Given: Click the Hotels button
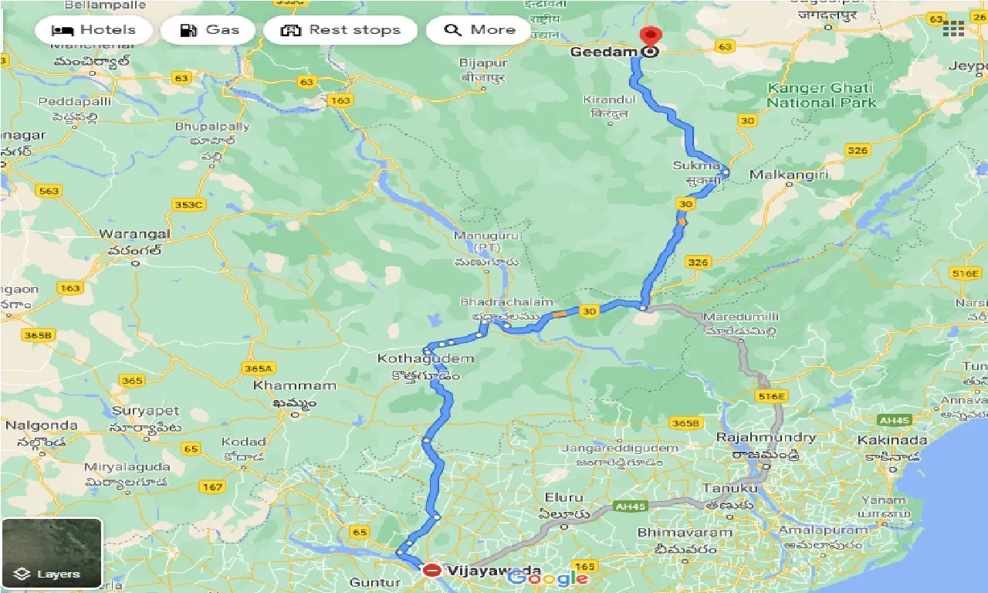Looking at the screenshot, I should pos(93,30).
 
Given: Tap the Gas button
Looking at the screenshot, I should pos(209,30).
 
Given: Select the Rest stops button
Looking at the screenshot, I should pos(340,30).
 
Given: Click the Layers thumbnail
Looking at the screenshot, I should pos(52,552).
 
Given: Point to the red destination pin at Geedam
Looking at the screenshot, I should pos(651,37).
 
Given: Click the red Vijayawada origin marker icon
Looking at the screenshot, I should pos(432,571).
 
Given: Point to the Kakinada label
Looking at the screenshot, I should pos(892,440).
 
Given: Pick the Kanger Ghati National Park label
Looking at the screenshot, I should pos(821,95).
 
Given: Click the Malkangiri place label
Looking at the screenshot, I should pos(788,175).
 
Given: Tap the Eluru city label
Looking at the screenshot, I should pos(563,497).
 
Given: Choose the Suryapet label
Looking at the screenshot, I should pos(145,411).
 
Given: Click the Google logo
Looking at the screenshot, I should pos(547,578).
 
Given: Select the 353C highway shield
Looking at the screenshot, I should pos(188,205).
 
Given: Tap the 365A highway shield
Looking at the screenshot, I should pos(258,368).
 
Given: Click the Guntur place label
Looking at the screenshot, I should pos(370,581).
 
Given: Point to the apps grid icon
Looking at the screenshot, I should pos(953,29).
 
